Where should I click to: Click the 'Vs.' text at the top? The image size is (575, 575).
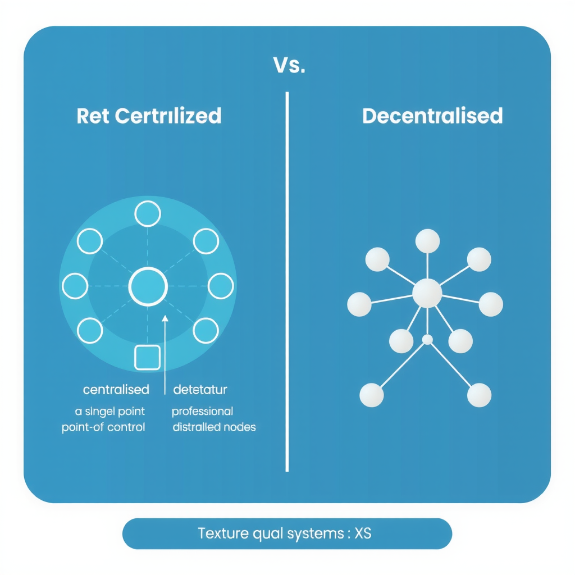289,66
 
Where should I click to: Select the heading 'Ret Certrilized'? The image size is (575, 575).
149,116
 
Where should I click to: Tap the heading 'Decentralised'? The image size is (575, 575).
432,116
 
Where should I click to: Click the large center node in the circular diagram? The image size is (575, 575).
148,286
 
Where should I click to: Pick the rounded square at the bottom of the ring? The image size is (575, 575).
148,358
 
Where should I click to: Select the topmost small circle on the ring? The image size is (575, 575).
148,214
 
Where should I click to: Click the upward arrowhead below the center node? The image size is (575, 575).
165,319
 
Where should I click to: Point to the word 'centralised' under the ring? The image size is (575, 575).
116,389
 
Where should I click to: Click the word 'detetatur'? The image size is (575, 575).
200,389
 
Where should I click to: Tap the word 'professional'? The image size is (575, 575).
202,412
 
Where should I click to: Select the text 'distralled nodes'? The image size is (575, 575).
214,427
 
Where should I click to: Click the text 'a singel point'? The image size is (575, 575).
110,412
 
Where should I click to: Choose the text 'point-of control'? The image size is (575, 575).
103,427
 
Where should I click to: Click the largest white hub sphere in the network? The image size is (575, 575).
427,293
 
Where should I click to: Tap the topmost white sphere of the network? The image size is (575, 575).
427,241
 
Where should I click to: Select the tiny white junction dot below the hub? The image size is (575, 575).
427,339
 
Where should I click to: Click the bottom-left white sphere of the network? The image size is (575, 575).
372,395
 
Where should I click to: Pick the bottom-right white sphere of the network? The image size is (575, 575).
479,395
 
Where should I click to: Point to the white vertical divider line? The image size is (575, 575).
287,281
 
